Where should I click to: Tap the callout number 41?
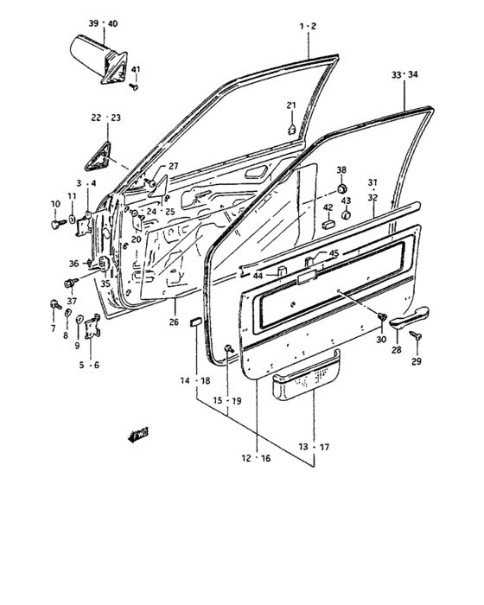[136, 69]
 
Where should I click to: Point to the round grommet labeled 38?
[341, 188]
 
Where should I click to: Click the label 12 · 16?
[255, 458]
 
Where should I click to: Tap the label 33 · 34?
[404, 76]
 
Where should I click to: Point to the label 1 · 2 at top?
[309, 27]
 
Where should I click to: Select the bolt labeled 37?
[68, 283]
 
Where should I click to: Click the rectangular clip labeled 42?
[328, 224]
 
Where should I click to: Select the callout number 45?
[334, 252]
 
